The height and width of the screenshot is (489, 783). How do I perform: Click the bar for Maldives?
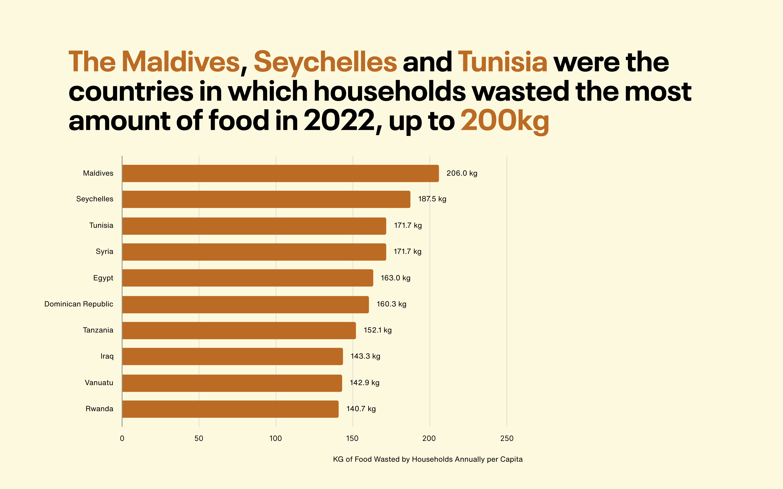[x=280, y=173]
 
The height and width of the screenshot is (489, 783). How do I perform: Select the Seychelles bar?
[x=266, y=199]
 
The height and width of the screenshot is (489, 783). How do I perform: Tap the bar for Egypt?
[x=247, y=278]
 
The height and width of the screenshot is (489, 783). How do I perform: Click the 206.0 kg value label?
[x=462, y=173]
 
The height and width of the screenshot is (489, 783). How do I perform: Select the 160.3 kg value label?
[x=391, y=304]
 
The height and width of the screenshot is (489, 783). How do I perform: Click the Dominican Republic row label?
[x=79, y=304]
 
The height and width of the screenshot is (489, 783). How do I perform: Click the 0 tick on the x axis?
[x=122, y=439]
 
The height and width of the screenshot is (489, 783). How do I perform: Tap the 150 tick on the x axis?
[x=352, y=439]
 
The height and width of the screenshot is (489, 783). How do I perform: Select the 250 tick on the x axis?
[x=507, y=439]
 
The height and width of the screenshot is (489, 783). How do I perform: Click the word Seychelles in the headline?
[x=325, y=62]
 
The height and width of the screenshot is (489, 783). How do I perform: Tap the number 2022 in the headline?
[x=339, y=120]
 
